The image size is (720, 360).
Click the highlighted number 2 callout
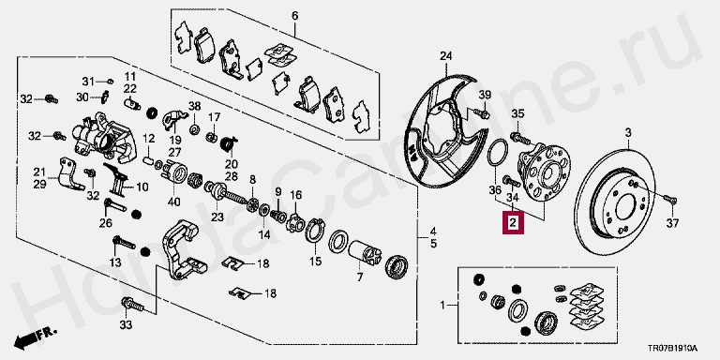point(513,223)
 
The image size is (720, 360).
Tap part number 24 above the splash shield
point(446,56)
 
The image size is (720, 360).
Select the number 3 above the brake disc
point(628,133)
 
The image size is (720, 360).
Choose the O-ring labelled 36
point(497,153)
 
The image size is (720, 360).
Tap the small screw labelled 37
point(670,201)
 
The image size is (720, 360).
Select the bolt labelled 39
point(480,112)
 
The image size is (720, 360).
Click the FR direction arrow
point(35,337)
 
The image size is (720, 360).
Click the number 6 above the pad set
point(294,17)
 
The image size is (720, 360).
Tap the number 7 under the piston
point(360,277)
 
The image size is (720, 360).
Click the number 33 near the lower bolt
point(126,325)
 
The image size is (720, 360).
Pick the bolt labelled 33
point(132,304)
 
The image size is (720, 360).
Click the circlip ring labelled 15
point(315,231)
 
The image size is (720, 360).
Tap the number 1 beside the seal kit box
point(442,305)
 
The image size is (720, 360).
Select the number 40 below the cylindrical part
point(174,202)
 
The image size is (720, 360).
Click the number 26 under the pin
point(106,223)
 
